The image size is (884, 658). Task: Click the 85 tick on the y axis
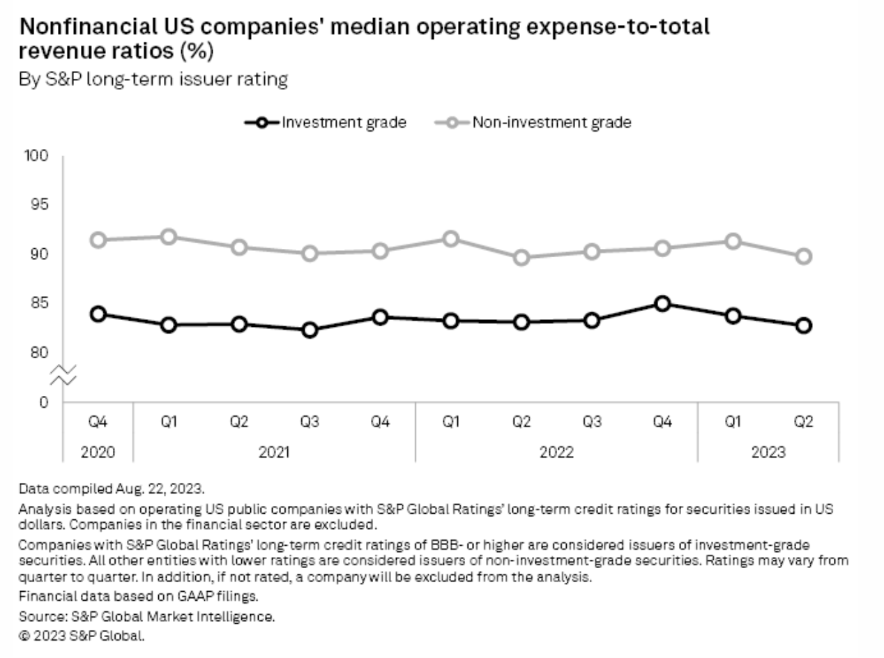point(40,303)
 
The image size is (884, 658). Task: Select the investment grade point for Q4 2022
point(662,304)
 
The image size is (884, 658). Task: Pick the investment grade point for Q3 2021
point(310,330)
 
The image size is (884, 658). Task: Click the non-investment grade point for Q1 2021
point(169,237)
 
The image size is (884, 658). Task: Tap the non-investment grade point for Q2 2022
point(521,258)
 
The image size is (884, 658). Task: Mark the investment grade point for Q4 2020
point(98,314)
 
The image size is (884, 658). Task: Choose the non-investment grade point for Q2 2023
point(804,257)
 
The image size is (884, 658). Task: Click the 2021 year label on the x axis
point(274,452)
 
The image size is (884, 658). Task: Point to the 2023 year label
point(768,452)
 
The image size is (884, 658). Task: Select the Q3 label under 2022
point(591,422)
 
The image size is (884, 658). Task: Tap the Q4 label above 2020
point(98,422)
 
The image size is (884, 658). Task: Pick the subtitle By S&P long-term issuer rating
point(153,79)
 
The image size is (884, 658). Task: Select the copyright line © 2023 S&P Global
point(82,635)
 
